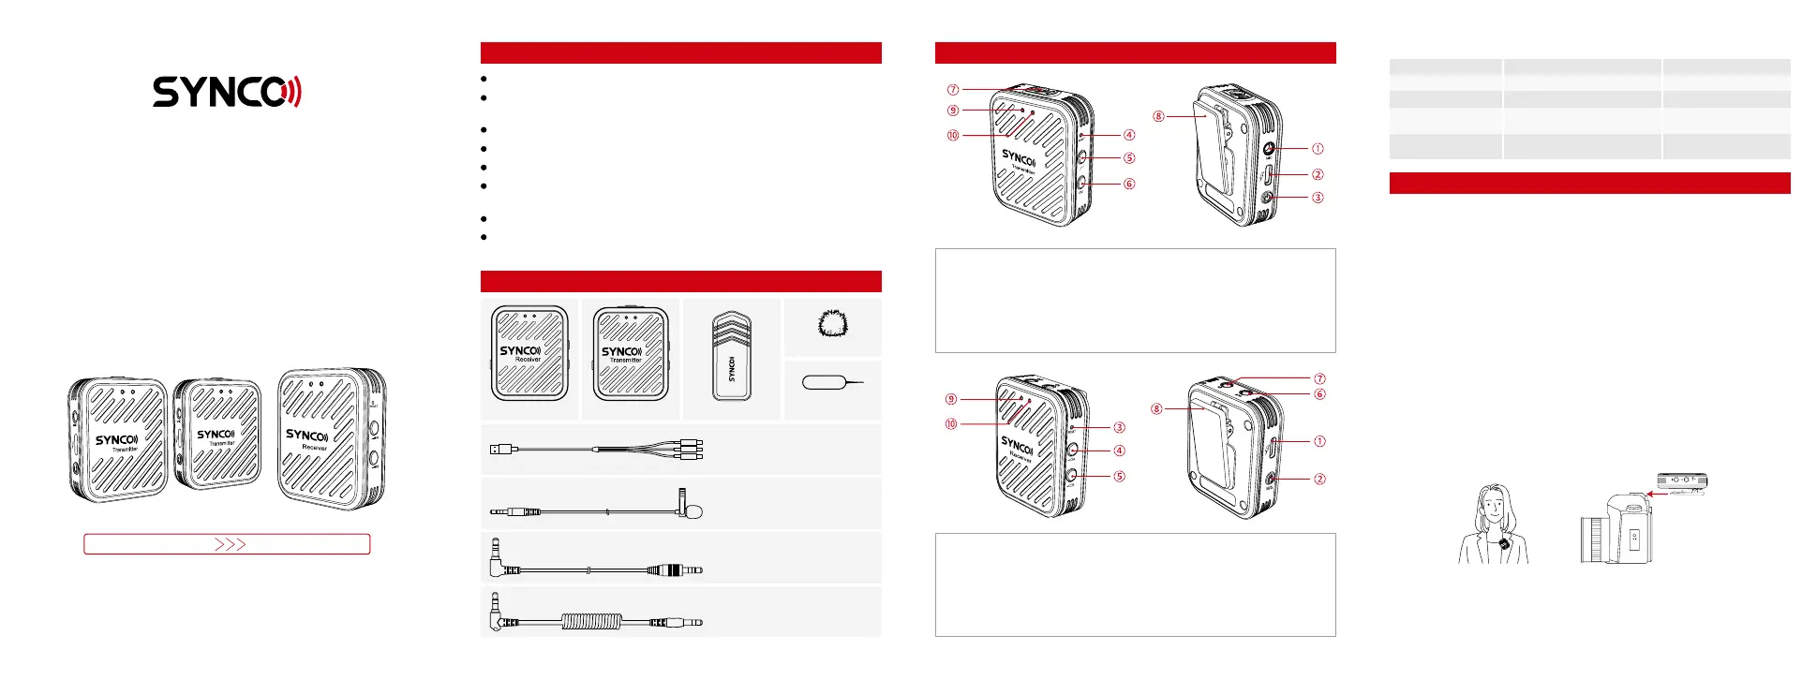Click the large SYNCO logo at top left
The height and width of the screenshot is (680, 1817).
tap(227, 92)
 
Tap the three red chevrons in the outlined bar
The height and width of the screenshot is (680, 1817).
tap(230, 544)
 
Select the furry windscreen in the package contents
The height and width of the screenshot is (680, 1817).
tap(832, 325)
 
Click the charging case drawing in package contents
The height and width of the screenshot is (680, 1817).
tap(732, 358)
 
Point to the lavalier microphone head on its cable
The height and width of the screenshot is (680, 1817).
tap(693, 511)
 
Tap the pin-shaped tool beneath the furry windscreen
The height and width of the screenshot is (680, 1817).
tap(832, 383)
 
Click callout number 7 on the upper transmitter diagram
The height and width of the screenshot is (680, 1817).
tap(953, 90)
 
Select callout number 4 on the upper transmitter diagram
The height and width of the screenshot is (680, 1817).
tap(1129, 135)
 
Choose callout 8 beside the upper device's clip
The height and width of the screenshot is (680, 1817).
tap(1159, 116)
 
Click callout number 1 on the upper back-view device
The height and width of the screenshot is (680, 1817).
tap(1318, 148)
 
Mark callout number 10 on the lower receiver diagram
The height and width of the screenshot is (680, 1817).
tap(951, 424)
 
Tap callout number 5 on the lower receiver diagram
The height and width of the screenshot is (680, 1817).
tap(1119, 476)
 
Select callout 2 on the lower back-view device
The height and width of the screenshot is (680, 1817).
tap(1319, 479)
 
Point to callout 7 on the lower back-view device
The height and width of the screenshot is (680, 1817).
tap(1319, 378)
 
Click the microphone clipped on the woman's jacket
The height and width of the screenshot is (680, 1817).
tap(1503, 544)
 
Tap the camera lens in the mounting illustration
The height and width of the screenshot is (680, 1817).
tap(1591, 540)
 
